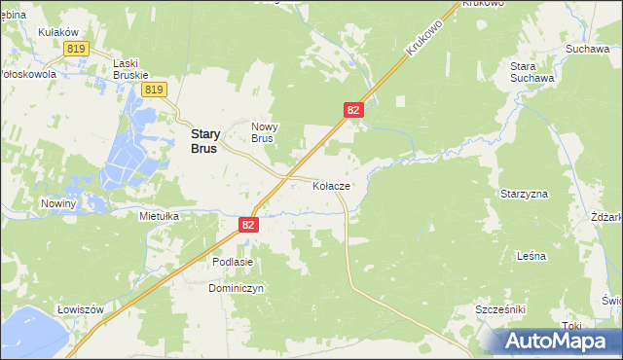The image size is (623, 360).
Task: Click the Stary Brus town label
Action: tap(203, 143)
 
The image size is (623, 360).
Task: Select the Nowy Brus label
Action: tap(264, 132)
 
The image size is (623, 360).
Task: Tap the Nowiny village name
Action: tap(58, 203)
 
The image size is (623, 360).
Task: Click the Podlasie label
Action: tap(233, 262)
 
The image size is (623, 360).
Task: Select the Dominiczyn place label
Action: tap(236, 288)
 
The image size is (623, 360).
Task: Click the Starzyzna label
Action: tap(525, 194)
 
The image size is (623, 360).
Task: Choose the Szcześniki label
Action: tap(500, 308)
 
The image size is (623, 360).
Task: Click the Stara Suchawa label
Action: tap(532, 71)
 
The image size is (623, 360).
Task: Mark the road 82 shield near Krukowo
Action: tap(354, 111)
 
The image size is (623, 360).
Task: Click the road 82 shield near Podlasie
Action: tap(249, 225)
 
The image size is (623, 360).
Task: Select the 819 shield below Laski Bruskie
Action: tap(151, 90)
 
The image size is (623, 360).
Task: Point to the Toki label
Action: tap(572, 326)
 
